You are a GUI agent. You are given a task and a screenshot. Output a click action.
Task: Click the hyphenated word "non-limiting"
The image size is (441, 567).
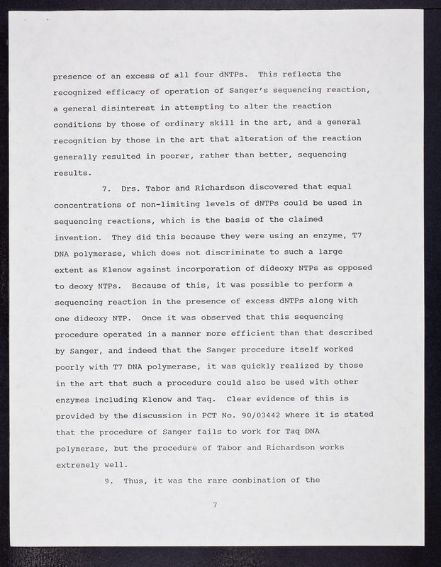pyautogui.click(x=156, y=204)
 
